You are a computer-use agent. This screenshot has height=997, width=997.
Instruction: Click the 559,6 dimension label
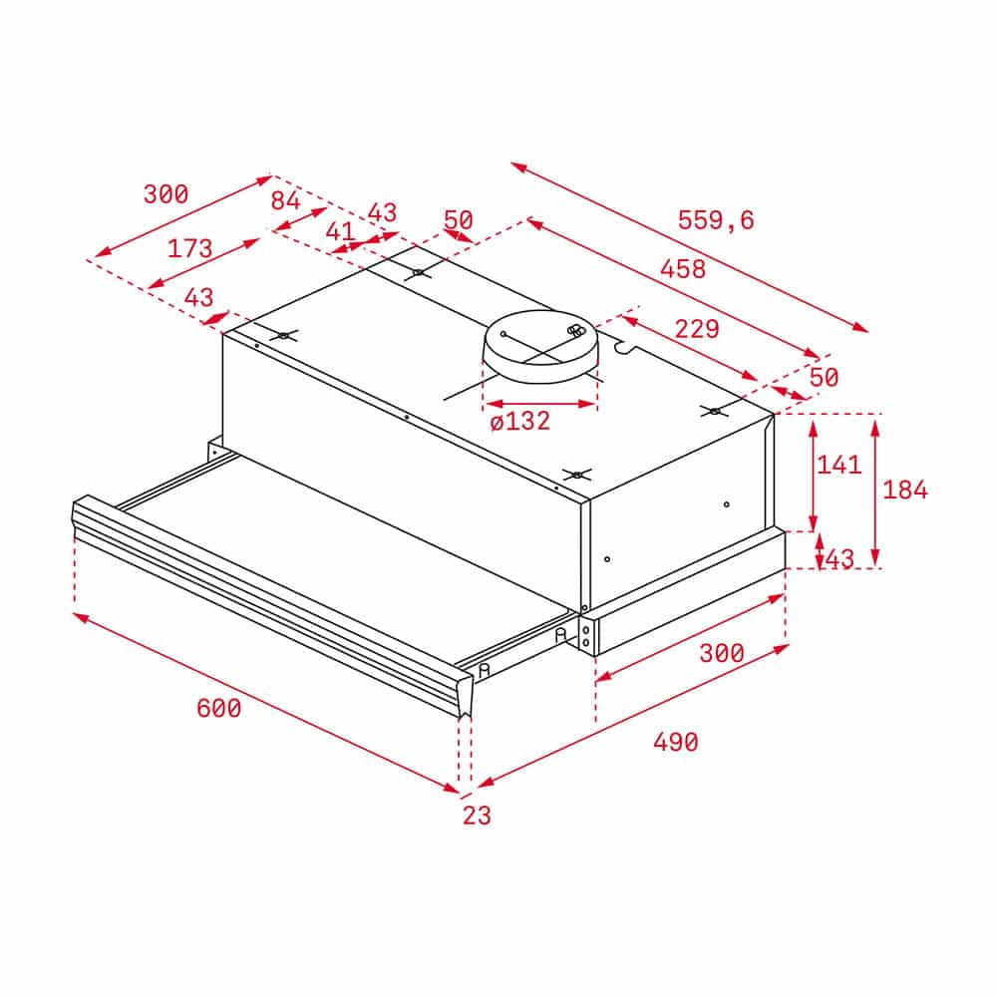point(716,220)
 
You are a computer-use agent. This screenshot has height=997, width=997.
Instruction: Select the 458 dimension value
point(683,269)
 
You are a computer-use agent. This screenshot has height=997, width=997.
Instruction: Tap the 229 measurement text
point(697,328)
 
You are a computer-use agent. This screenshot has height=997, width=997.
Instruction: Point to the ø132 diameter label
point(520,422)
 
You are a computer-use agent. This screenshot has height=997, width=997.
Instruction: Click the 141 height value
point(838,464)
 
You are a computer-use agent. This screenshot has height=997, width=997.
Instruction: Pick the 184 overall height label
point(904,490)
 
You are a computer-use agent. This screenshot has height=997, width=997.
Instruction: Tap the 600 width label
point(218,708)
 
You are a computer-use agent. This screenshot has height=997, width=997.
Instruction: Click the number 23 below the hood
point(477,816)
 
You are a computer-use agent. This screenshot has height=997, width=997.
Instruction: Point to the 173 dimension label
point(189,248)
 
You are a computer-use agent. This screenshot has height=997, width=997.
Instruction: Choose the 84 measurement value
point(285,200)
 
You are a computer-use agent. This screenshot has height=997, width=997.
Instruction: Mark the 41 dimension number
point(340,231)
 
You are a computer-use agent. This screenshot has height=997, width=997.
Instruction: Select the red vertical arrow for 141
point(814,474)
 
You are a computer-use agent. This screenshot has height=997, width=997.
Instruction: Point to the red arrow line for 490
point(633,716)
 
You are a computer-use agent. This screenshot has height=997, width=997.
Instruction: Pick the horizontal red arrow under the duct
point(539,404)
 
